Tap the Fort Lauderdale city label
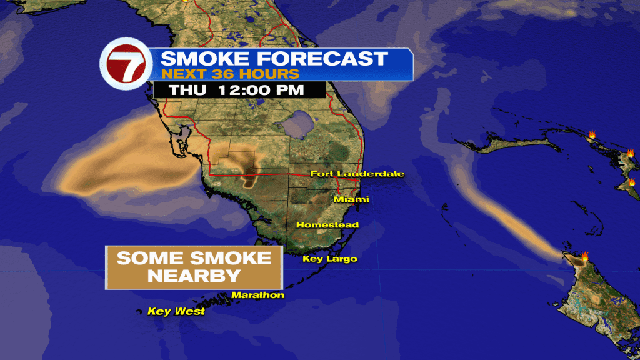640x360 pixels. click(x=357, y=174)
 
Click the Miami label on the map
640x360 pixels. click(x=351, y=199)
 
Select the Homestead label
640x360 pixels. click(x=327, y=224)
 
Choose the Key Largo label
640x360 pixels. click(x=329, y=259)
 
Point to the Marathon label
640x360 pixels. click(x=257, y=295)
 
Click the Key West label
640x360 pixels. click(x=176, y=311)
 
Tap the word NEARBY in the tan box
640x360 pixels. click(x=194, y=276)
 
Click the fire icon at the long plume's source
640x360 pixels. click(x=586, y=256)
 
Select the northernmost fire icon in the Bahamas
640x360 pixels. click(x=591, y=134)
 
